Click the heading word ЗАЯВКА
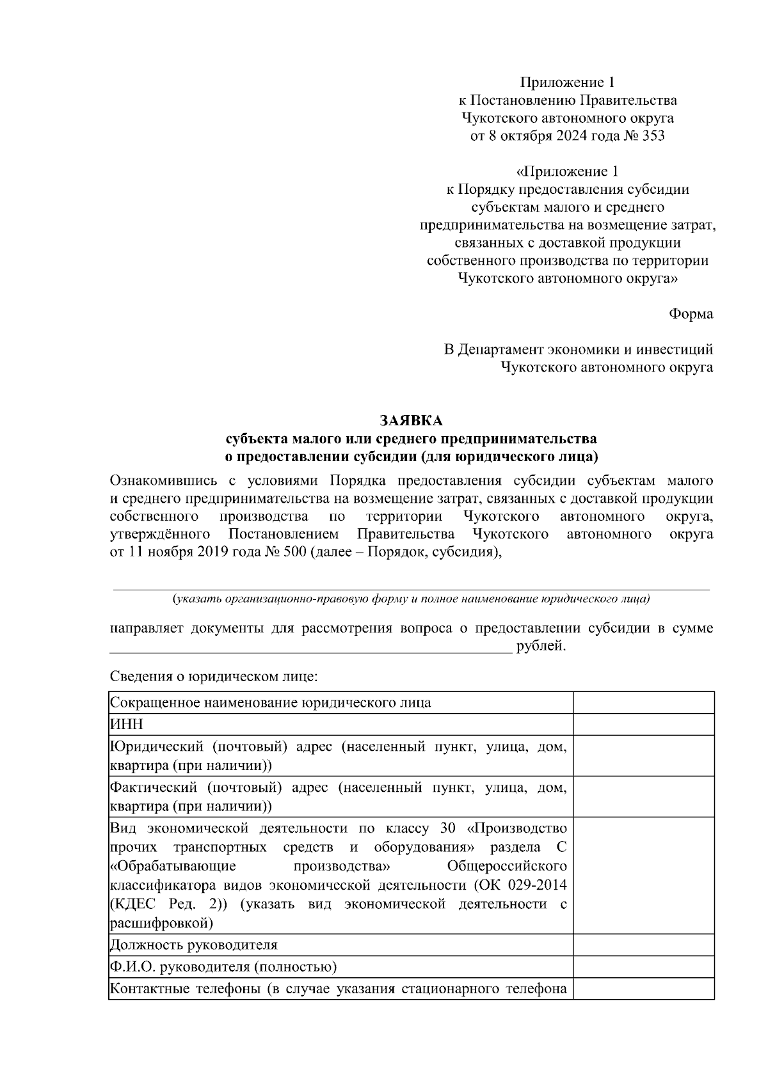click(x=411, y=421)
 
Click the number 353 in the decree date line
click(x=652, y=136)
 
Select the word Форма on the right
click(x=691, y=314)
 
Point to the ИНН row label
click(x=127, y=724)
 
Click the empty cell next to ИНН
click(x=643, y=724)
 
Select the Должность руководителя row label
click(x=194, y=945)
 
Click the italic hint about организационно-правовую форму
click(x=410, y=599)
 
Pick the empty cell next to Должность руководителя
click(x=643, y=945)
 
